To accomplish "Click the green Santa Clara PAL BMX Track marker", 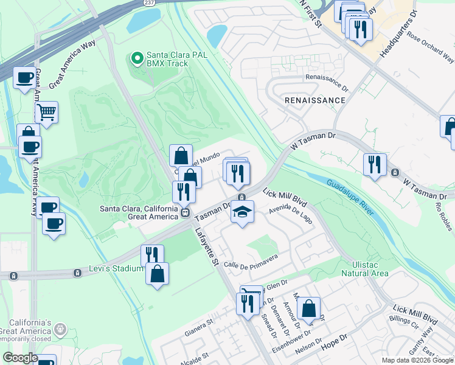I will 137,58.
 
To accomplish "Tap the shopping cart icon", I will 46,112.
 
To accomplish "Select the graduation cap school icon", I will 242,212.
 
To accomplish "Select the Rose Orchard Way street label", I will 431,47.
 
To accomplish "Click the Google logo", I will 20,358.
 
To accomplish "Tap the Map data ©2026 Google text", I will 417,360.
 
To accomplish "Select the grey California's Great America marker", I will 60,329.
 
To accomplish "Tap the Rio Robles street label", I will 443,216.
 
